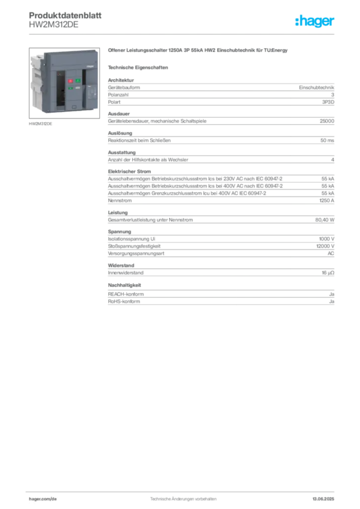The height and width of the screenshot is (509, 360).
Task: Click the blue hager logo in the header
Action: click(x=316, y=22)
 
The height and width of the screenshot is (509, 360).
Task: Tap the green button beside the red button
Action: click(x=78, y=81)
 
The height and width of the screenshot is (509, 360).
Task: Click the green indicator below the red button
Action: click(x=71, y=88)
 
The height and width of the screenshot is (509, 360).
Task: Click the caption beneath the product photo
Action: click(x=42, y=123)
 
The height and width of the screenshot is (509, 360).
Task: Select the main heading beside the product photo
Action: click(x=198, y=51)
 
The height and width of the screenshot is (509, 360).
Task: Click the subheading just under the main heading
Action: click(x=139, y=67)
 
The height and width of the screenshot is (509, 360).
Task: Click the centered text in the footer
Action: click(x=183, y=497)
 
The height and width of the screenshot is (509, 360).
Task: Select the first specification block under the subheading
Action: click(x=220, y=91)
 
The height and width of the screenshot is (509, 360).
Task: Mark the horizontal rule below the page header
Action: click(x=183, y=34)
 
